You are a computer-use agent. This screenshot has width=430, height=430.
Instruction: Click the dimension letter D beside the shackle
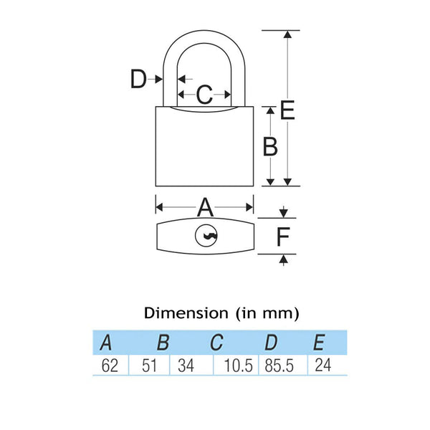tap(138, 79)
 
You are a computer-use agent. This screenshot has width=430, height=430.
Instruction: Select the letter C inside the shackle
tap(204, 94)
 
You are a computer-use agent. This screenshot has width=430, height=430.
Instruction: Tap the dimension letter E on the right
tap(287, 110)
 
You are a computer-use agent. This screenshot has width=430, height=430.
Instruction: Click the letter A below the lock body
tap(205, 208)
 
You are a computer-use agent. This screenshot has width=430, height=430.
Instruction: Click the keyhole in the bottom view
tap(205, 235)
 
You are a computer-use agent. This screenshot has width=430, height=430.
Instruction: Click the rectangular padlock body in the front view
tap(205, 150)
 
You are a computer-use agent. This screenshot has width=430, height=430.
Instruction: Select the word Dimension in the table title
tap(186, 313)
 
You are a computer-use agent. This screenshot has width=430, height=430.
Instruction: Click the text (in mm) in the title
tap(265, 313)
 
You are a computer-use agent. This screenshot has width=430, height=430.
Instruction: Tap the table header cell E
tap(320, 343)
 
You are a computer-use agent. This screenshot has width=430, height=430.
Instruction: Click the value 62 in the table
tap(109, 365)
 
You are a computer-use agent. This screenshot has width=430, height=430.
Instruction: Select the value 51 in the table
tap(148, 365)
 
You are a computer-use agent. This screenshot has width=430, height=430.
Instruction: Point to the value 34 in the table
tap(185, 365)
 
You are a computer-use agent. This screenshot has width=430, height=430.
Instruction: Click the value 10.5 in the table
tap(239, 365)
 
